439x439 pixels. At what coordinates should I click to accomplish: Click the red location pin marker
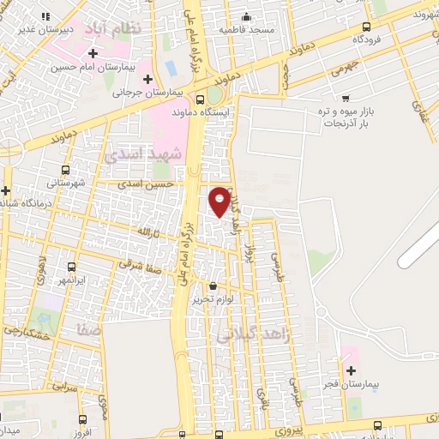(x=220, y=201)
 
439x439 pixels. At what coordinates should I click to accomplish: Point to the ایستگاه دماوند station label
(x=203, y=112)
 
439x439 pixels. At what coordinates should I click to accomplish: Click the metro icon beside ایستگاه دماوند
(x=213, y=97)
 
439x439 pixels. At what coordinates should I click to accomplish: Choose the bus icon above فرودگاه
(x=367, y=26)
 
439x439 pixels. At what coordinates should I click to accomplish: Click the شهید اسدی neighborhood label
(x=154, y=155)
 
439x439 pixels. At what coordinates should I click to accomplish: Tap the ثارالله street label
(x=144, y=231)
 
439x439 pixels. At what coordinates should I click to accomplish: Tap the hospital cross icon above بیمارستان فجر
(x=352, y=370)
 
